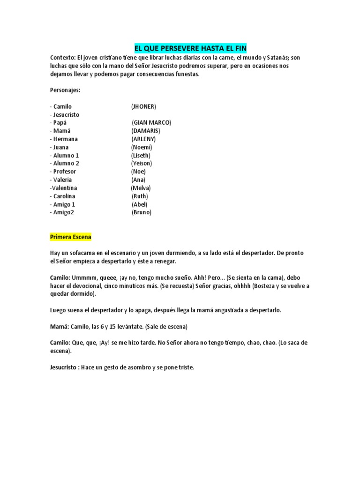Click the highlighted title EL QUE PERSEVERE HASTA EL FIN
point(190,48)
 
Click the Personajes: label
point(65,90)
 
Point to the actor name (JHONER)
point(143,106)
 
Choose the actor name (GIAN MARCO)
point(151,123)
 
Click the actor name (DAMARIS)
point(146,131)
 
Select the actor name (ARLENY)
point(143,139)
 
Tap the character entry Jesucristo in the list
point(66,115)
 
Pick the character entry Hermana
point(65,139)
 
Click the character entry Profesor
point(64,172)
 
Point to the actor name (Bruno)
point(142,212)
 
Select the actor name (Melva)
point(141,188)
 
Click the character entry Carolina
point(64,196)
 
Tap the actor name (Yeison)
point(142,164)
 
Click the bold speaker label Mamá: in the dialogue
point(59,326)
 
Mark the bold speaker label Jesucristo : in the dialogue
point(65,367)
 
